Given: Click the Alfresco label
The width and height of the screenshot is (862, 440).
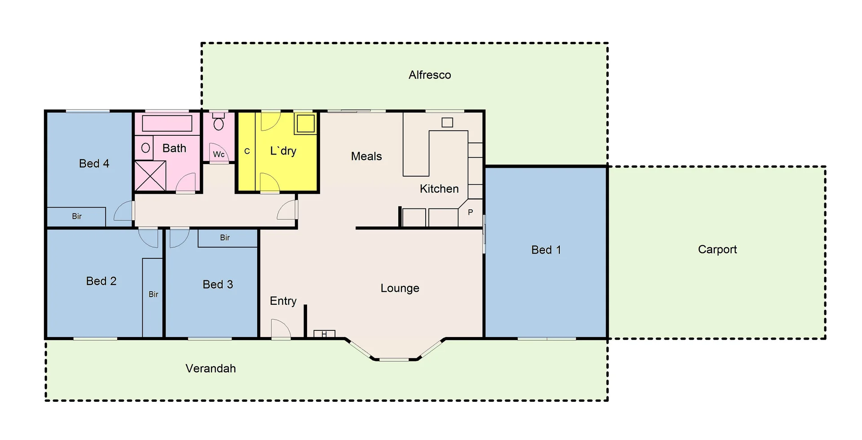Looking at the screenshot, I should [x=430, y=75].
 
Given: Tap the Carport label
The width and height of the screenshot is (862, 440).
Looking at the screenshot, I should [x=717, y=249].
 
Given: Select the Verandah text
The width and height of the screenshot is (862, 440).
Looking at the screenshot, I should [x=211, y=369].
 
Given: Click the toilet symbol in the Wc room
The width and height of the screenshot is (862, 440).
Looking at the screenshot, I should [x=219, y=123].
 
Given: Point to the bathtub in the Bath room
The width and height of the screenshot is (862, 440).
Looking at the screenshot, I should [x=167, y=123].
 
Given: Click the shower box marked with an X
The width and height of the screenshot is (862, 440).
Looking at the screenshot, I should [x=150, y=176].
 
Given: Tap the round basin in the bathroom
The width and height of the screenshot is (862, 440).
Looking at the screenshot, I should [x=145, y=148].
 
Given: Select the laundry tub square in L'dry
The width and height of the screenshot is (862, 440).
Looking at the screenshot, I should [x=306, y=124].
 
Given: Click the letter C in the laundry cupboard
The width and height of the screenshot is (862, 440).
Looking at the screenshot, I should [x=247, y=151].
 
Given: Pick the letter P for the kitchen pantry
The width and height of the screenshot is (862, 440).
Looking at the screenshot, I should [x=470, y=212].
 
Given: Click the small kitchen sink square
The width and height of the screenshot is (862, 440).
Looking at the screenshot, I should [x=447, y=122].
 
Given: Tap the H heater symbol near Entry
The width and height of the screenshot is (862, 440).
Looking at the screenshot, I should [x=324, y=334].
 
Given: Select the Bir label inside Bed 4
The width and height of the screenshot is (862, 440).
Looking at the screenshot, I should [x=77, y=217].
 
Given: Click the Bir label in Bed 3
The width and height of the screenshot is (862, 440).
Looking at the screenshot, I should [x=225, y=238].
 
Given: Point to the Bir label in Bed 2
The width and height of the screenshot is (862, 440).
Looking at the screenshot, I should [x=153, y=294].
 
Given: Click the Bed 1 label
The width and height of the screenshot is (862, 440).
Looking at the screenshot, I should [x=546, y=250].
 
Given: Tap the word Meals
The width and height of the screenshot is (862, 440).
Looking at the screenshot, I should [x=366, y=156].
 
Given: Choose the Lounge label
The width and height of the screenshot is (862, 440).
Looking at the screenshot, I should [x=400, y=288].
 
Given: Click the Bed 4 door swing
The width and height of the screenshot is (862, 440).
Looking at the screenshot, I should [x=124, y=212].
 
